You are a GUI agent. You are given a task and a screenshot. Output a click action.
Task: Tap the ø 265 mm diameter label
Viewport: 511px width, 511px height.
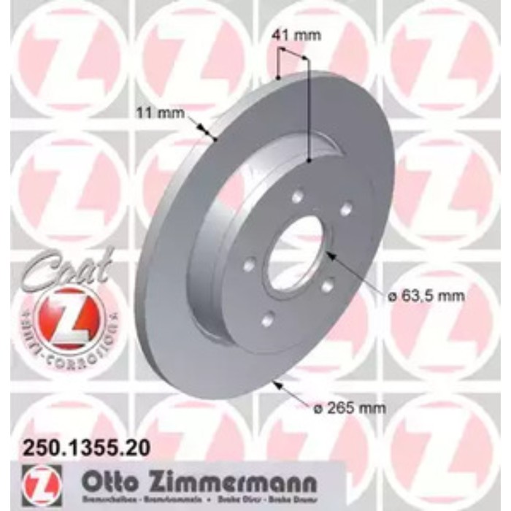[x=357, y=408]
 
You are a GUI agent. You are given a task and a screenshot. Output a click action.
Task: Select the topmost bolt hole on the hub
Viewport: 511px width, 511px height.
[x=297, y=196]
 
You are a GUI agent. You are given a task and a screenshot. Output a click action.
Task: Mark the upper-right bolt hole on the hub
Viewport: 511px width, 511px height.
[x=345, y=208]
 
